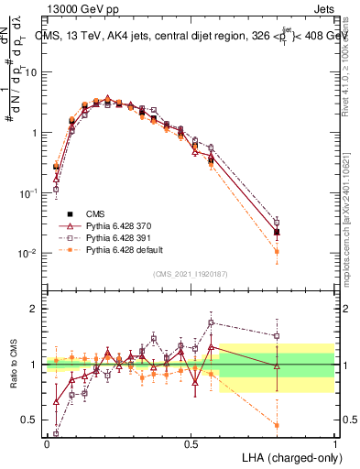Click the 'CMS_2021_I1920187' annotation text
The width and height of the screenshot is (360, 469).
(190, 274)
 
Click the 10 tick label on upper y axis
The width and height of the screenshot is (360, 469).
(31, 71)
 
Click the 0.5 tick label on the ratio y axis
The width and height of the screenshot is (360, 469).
(31, 420)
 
